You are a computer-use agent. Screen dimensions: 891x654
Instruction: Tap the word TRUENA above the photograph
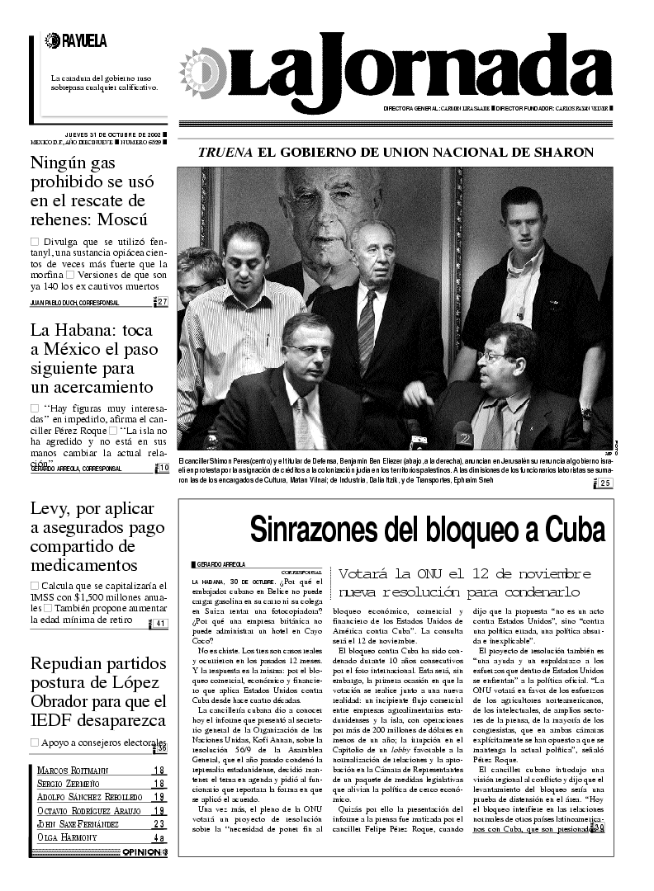226,153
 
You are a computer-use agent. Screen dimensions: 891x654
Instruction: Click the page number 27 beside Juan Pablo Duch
162,302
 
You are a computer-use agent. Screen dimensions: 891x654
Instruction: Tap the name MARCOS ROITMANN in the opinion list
73,771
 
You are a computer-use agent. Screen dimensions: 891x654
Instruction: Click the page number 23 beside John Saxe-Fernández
159,823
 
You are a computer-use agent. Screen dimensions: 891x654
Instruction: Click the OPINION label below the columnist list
140,852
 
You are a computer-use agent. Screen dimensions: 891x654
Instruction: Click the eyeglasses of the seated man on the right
494,356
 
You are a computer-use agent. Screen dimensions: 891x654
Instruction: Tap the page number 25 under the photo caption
605,483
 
